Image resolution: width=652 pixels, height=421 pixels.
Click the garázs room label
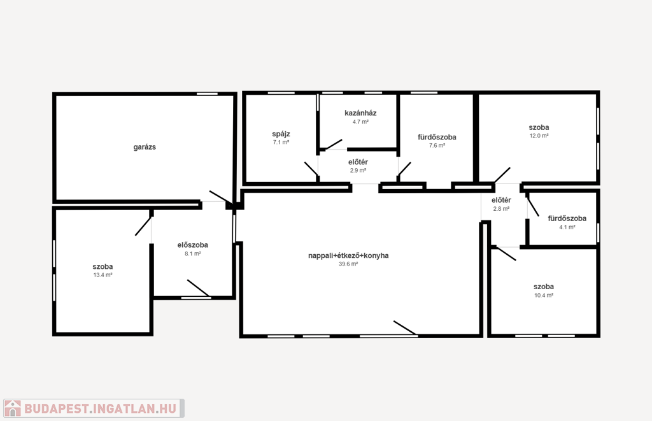coord(145,147)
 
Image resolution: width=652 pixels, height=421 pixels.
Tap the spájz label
coord(281,134)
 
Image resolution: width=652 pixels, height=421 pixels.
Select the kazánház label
coord(360,113)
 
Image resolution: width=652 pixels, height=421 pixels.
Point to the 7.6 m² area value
coord(437,146)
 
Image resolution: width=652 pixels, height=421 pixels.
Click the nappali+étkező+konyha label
coord(348,255)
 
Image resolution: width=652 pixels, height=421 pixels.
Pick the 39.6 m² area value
coord(348,264)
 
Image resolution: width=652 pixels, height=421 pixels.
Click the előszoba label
coord(192,245)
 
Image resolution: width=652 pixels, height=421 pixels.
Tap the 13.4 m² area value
coord(103,275)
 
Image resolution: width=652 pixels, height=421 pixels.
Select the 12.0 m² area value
coord(539,136)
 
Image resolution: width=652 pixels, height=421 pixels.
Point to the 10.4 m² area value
coord(544,296)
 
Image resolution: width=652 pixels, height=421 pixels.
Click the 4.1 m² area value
coord(567,227)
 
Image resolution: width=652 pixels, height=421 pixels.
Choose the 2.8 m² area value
coord(502,209)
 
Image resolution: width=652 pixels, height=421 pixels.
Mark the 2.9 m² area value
coord(358,171)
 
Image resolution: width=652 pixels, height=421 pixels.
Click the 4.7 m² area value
coord(360,122)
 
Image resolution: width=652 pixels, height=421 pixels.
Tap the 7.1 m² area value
coord(281,142)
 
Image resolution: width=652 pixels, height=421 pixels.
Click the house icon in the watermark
coord(13,408)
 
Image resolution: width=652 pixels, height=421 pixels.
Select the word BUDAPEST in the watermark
coord(56,408)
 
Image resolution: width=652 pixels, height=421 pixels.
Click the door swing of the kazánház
coord(334,145)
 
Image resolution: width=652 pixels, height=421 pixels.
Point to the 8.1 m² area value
coord(193,253)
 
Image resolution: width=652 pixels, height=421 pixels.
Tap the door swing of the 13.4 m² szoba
coord(143,226)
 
